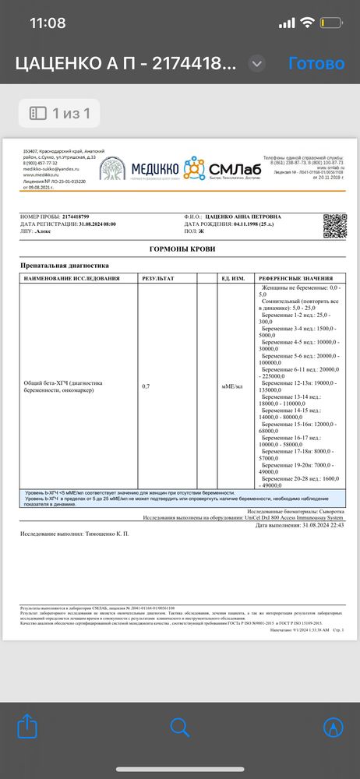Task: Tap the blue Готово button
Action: click(x=316, y=63)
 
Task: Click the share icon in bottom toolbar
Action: click(x=27, y=727)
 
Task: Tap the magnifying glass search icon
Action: click(x=180, y=727)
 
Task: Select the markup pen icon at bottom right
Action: click(x=334, y=727)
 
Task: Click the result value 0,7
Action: click(x=146, y=386)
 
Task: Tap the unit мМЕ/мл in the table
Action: click(x=232, y=386)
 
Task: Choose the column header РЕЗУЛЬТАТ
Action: click(x=158, y=278)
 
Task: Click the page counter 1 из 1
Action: click(x=61, y=114)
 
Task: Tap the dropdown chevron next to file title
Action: click(x=256, y=64)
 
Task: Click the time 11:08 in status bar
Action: click(x=48, y=23)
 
